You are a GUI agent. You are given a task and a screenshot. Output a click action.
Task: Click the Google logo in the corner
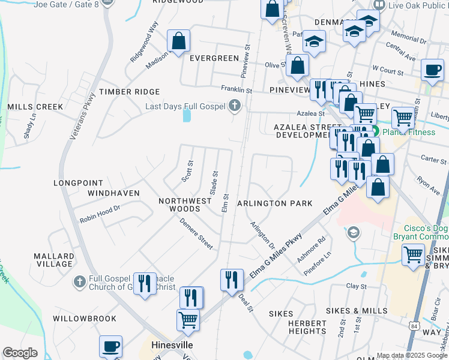(x=20, y=353)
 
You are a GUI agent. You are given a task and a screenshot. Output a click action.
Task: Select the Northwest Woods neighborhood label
(x=185, y=205)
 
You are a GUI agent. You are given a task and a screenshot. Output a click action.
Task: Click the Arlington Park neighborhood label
(x=274, y=203)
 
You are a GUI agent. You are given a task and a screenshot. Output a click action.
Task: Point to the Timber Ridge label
(x=130, y=92)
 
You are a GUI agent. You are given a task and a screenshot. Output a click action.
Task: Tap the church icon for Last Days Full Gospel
(x=235, y=107)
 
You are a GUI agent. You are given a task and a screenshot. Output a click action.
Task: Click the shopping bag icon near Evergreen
(x=179, y=41)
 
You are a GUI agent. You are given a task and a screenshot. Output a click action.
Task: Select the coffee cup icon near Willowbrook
(x=110, y=346)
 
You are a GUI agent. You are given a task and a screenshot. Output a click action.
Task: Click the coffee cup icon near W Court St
(x=432, y=70)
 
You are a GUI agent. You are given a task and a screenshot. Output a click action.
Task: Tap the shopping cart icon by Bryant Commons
(x=413, y=254)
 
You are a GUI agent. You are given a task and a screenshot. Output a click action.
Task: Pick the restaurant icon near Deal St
(x=231, y=280)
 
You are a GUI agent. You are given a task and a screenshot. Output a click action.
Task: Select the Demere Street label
(x=196, y=233)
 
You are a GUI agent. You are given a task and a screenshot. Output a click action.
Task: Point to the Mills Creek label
(x=35, y=107)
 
